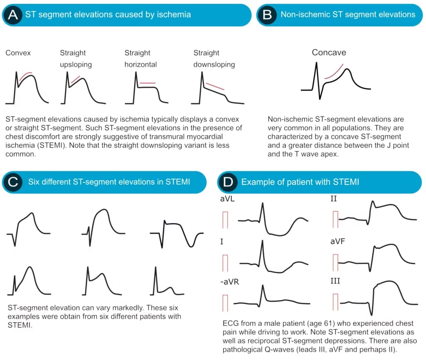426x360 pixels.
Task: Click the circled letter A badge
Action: point(12,15)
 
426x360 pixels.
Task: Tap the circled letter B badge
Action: point(267,15)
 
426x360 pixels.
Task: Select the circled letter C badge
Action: point(13,182)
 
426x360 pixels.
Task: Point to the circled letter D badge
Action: point(228,182)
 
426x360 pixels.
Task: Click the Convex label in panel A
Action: point(18,53)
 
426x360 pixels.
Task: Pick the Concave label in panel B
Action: point(329,52)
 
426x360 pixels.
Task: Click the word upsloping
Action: point(76,65)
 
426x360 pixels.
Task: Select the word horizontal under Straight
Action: point(141,65)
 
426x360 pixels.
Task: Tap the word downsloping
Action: point(214,65)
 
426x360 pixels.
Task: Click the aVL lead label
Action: point(228,199)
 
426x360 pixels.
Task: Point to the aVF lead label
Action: point(338,241)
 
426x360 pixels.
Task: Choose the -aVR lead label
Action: point(230,282)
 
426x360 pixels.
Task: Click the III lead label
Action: point(335,281)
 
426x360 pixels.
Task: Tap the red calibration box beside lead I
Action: point(225,263)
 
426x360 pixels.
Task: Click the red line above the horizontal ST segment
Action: point(148,83)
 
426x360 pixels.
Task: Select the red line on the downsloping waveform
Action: point(215,87)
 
